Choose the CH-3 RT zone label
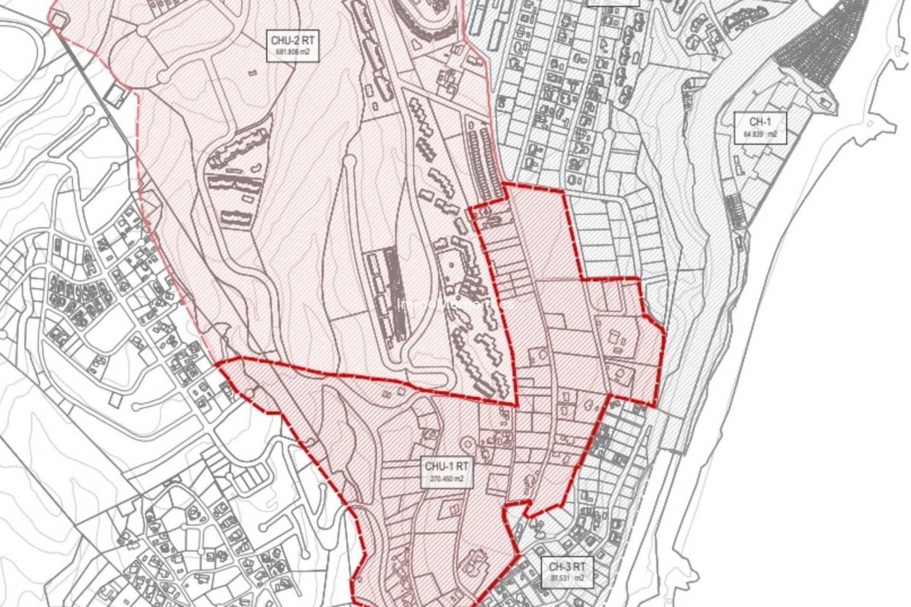pos(567,566)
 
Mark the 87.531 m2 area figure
pos(567,579)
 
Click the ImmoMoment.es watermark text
pos(455,304)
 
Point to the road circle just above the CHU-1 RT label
pos(467,444)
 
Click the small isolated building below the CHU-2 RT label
pos(251,73)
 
